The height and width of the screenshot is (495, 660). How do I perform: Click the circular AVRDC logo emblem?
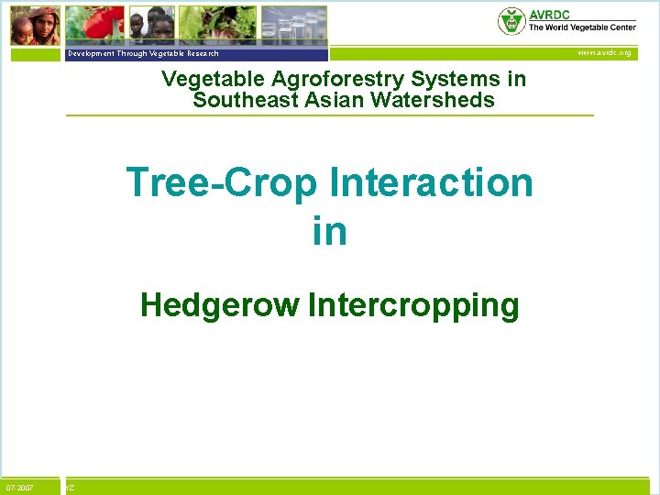(x=511, y=20)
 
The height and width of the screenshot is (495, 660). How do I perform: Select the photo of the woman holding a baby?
(x=36, y=25)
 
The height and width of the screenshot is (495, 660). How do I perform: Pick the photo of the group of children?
(x=151, y=25)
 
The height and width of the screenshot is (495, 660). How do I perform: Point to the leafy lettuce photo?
(x=217, y=25)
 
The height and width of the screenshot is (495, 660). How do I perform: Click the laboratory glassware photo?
(x=293, y=25)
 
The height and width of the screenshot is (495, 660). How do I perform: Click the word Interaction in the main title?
(x=431, y=182)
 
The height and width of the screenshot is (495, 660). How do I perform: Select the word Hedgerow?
(x=219, y=305)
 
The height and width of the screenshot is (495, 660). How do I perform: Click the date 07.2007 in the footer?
(x=19, y=488)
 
